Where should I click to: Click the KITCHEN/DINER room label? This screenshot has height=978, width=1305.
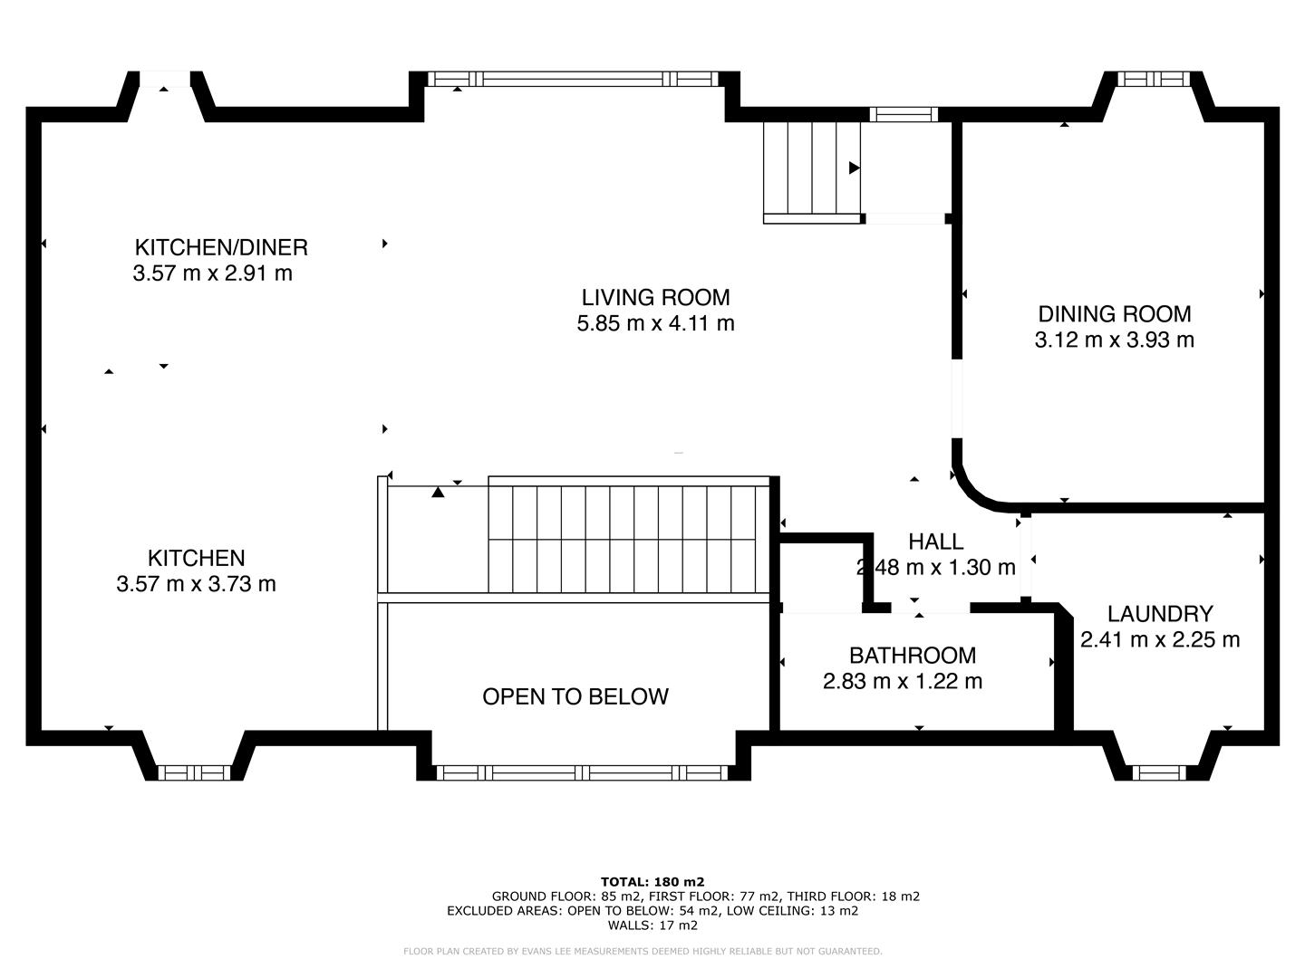point(221,247)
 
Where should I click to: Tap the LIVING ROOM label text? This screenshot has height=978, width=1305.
point(655,297)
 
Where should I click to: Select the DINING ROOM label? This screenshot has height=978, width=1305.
point(1114,314)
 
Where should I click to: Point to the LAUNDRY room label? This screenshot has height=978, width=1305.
point(1159,614)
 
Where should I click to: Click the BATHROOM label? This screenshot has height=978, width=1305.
point(912,655)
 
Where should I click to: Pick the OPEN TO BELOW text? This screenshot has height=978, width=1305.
point(575,696)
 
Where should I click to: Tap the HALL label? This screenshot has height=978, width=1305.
point(935,542)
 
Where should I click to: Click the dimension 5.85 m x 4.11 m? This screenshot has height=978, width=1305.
point(655,323)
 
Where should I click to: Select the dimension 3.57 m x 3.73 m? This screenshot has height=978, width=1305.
point(196,584)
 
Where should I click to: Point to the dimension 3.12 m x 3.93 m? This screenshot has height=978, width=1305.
point(1114,340)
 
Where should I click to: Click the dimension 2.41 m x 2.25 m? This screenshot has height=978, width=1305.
point(1159,639)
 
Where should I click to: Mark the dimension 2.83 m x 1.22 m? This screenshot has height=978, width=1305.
point(902,681)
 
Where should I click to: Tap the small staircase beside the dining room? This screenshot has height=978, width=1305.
point(811,169)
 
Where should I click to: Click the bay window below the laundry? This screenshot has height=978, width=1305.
point(1160,772)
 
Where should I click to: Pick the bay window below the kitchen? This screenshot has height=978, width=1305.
point(194,772)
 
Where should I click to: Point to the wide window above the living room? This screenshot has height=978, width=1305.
point(575,80)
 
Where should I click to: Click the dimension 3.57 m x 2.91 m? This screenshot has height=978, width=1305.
point(212,273)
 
